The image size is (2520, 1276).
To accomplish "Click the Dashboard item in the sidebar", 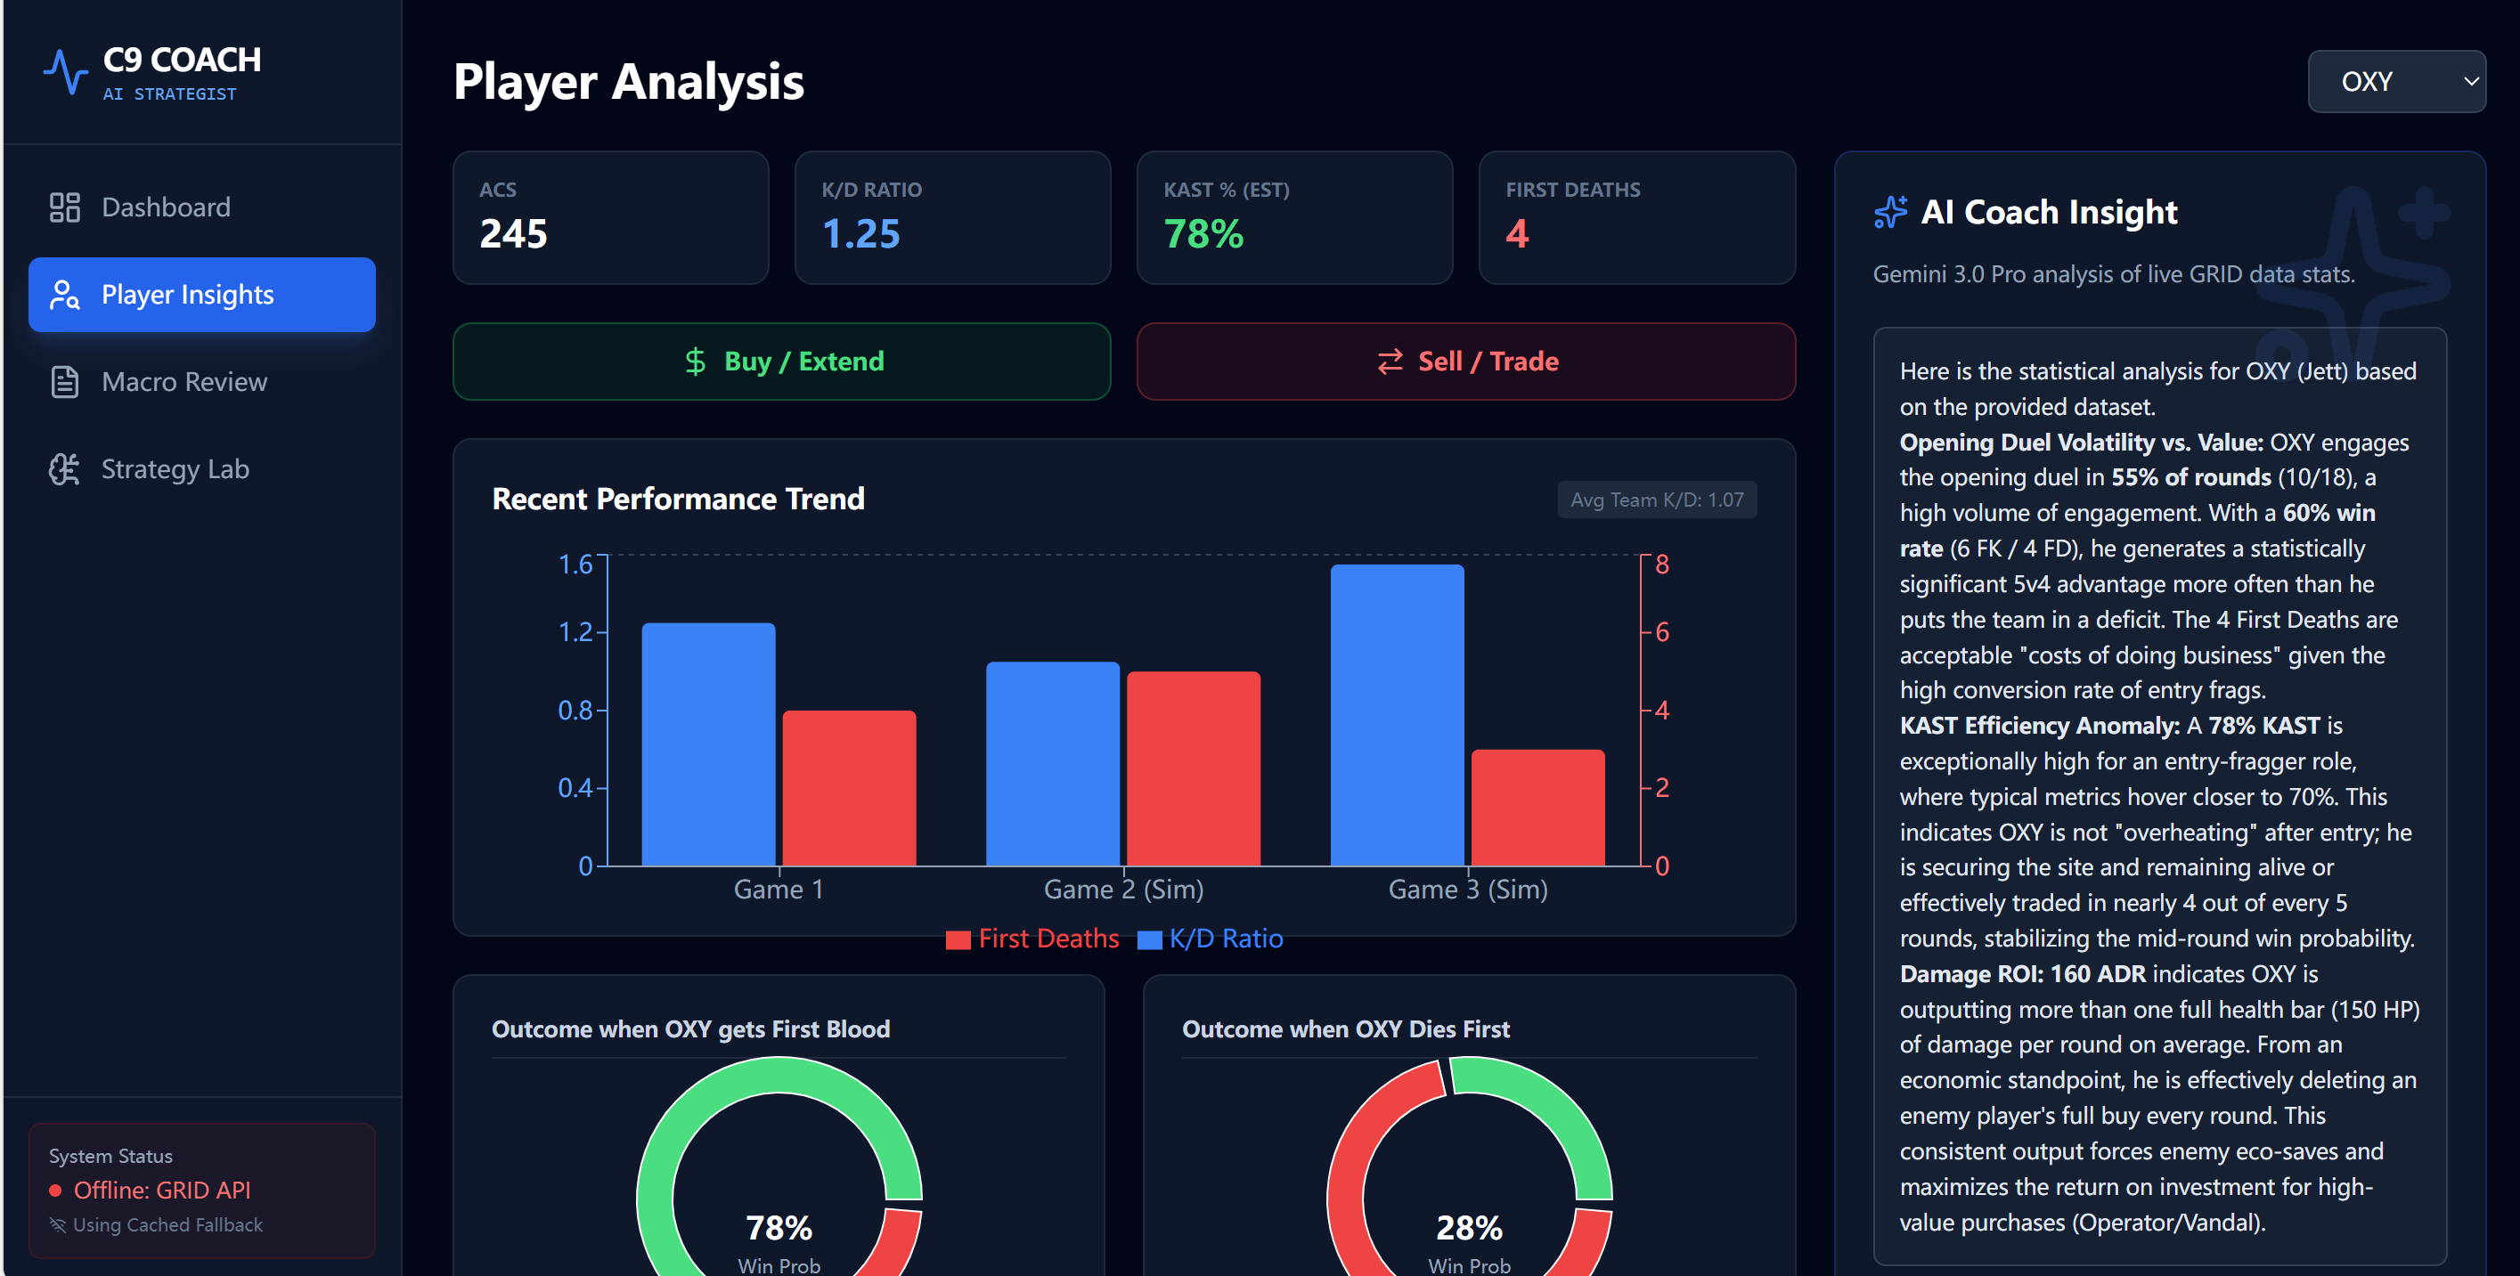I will (x=166, y=207).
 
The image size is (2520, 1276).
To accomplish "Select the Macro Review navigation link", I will (x=183, y=382).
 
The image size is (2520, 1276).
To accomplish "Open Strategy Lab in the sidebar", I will (x=175, y=469).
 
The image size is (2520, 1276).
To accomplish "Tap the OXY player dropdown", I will (x=2394, y=82).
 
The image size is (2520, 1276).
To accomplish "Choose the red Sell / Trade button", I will (x=1465, y=362).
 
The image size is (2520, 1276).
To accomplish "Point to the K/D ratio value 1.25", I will (x=860, y=233).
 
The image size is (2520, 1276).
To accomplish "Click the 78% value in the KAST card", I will (x=1203, y=233).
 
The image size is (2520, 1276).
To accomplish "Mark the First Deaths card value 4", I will (x=1516, y=233).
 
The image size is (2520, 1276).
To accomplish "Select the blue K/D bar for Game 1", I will (x=708, y=744).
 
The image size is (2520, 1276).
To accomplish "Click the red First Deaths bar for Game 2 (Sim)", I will (x=1194, y=768).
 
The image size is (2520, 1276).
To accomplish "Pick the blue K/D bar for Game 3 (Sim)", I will (x=1397, y=715).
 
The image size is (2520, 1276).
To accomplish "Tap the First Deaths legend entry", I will (x=1033, y=939).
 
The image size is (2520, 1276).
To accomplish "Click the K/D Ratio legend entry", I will (x=1211, y=939).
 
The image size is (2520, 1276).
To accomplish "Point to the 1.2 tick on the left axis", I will (x=575, y=632).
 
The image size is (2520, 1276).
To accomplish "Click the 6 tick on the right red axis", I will (x=1662, y=632).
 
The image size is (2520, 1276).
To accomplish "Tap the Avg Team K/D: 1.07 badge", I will (x=1656, y=500).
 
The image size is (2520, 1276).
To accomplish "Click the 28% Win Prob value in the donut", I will (x=1468, y=1228).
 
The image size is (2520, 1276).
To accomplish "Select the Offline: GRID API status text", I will (x=161, y=1191).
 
